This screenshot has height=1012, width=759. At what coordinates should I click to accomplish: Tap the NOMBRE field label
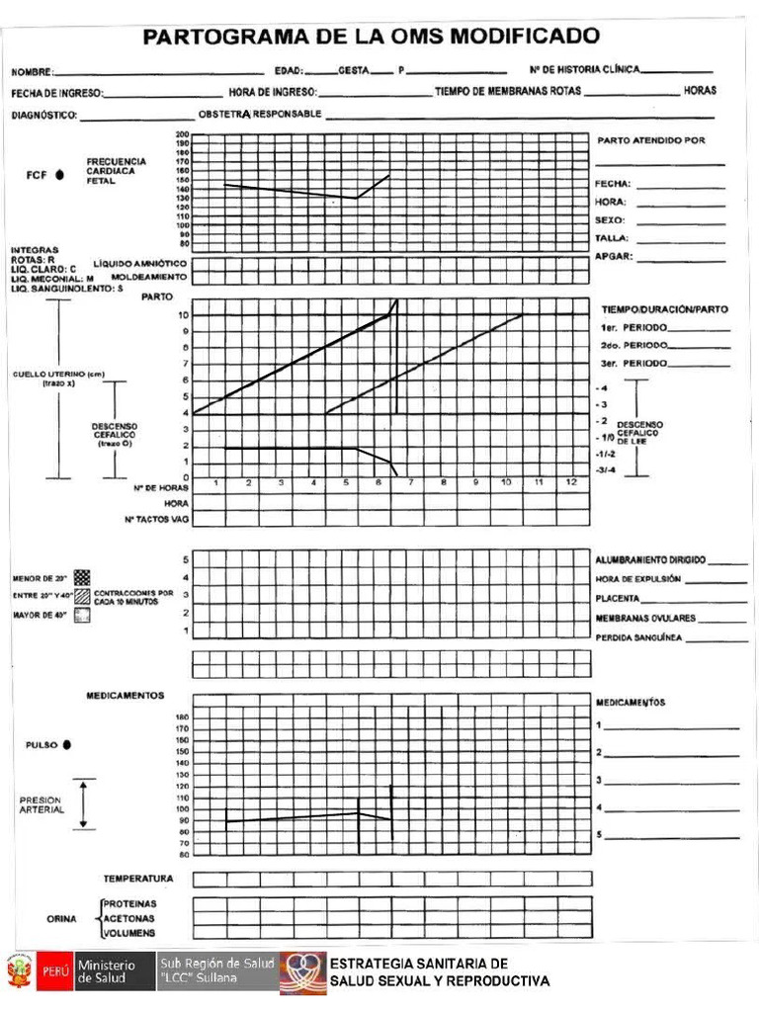point(33,72)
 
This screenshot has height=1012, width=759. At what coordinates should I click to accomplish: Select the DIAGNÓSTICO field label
point(43,115)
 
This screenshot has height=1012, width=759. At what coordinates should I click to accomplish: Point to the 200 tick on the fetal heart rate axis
point(184,134)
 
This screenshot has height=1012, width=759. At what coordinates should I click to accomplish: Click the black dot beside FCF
point(59,175)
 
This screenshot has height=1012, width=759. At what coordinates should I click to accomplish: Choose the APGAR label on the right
point(613,256)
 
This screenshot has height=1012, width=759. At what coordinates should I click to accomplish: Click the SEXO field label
point(609,219)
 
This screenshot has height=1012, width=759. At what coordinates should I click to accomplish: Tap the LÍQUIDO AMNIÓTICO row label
point(140,264)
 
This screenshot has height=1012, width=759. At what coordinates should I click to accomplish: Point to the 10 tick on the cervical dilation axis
point(184,314)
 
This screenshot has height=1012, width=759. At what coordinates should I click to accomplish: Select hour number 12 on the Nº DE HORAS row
point(571,483)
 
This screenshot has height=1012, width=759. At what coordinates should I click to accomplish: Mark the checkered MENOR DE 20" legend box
point(82,577)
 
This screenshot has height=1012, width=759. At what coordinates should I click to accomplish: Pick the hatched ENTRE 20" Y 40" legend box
point(82,596)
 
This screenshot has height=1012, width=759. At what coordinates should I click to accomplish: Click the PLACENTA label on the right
point(619,598)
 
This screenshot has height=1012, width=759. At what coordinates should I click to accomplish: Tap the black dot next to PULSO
point(66,744)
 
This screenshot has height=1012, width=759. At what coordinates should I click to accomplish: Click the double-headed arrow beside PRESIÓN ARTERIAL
point(84,803)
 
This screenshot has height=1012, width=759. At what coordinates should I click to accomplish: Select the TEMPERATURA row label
point(138,878)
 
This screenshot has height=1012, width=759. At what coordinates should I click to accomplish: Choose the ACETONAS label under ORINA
point(129,918)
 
